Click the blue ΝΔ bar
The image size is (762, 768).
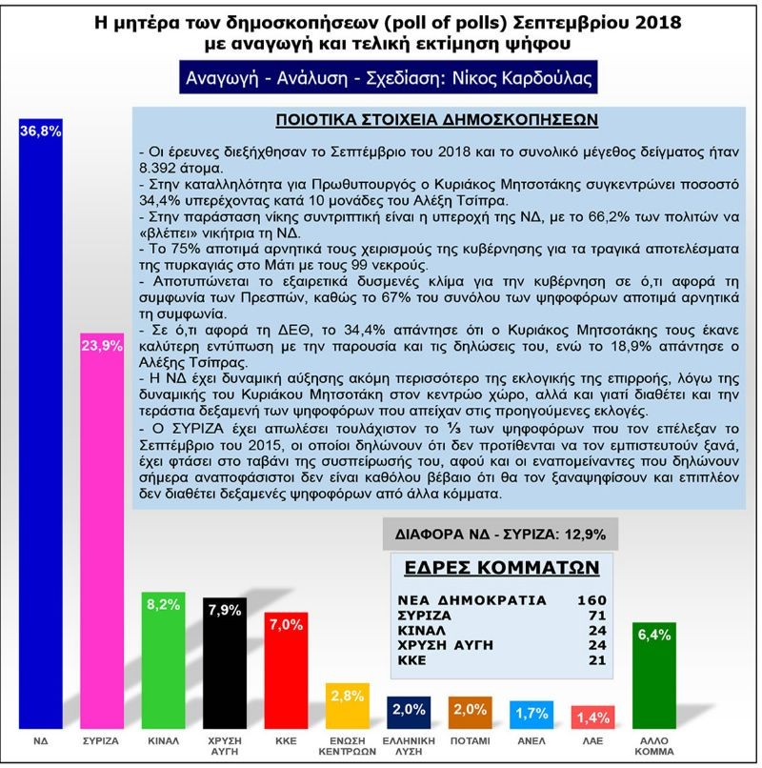coord(41,429)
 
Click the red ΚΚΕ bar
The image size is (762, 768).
coord(284,667)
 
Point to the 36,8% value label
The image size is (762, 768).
coord(41,132)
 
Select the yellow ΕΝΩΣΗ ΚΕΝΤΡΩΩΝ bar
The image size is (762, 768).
coord(346,705)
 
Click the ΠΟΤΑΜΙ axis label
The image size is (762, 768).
coord(470,739)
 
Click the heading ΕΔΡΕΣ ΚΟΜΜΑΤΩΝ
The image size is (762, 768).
coord(498,568)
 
